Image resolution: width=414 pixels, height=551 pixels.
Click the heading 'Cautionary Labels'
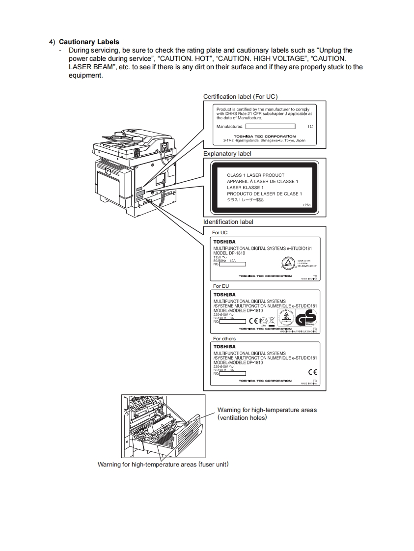click(89, 42)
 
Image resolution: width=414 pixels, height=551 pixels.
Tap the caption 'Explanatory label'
click(227, 154)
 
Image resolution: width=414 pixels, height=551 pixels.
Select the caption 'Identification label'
click(228, 222)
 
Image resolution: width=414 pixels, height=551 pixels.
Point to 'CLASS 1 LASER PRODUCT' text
click(255, 175)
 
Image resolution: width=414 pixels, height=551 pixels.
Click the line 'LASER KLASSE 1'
click(245, 188)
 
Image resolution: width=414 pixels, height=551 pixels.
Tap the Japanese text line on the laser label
click(245, 200)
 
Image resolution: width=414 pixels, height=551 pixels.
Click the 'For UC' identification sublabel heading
click(220, 232)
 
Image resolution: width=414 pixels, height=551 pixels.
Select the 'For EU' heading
click(221, 286)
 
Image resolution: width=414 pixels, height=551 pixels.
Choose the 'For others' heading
click(224, 339)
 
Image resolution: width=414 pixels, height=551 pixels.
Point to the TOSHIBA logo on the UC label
click(224, 242)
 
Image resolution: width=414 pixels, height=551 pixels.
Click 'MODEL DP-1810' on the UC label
click(229, 253)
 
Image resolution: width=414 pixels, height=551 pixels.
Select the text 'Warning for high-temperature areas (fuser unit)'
click(163, 464)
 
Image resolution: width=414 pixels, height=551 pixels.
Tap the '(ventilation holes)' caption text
click(242, 418)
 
